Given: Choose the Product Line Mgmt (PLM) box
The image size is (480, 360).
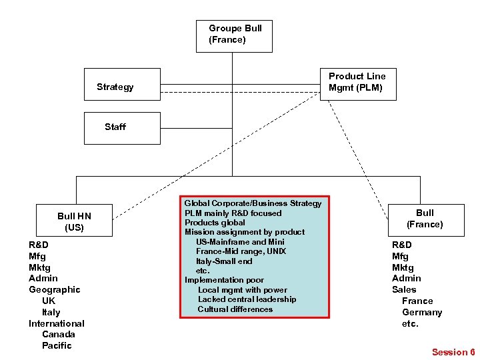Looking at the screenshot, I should [358, 82].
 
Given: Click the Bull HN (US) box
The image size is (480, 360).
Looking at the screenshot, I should [74, 221].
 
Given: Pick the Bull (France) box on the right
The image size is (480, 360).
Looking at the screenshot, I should [425, 219].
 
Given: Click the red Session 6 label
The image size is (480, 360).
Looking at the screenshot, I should [453, 351].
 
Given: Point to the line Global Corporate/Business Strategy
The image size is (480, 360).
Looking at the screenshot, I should [253, 203].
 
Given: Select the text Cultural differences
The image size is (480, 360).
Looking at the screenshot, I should [235, 309].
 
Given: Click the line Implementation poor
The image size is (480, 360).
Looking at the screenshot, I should [224, 280].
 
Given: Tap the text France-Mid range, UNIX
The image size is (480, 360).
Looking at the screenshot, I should [241, 251].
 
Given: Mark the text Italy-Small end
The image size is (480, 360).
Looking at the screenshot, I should [224, 261].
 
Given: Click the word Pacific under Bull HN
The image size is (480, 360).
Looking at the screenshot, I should [57, 345].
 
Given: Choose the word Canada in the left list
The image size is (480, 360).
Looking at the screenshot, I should [58, 334].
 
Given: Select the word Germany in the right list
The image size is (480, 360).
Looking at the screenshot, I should [422, 312].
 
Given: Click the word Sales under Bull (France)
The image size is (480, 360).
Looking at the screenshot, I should [404, 289].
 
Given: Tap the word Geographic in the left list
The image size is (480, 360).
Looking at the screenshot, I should [55, 289].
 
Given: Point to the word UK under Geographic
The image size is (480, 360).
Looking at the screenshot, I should [49, 301].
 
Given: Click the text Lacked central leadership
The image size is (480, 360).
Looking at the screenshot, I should [247, 299].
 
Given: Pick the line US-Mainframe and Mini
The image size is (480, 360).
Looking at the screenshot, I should [240, 241].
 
